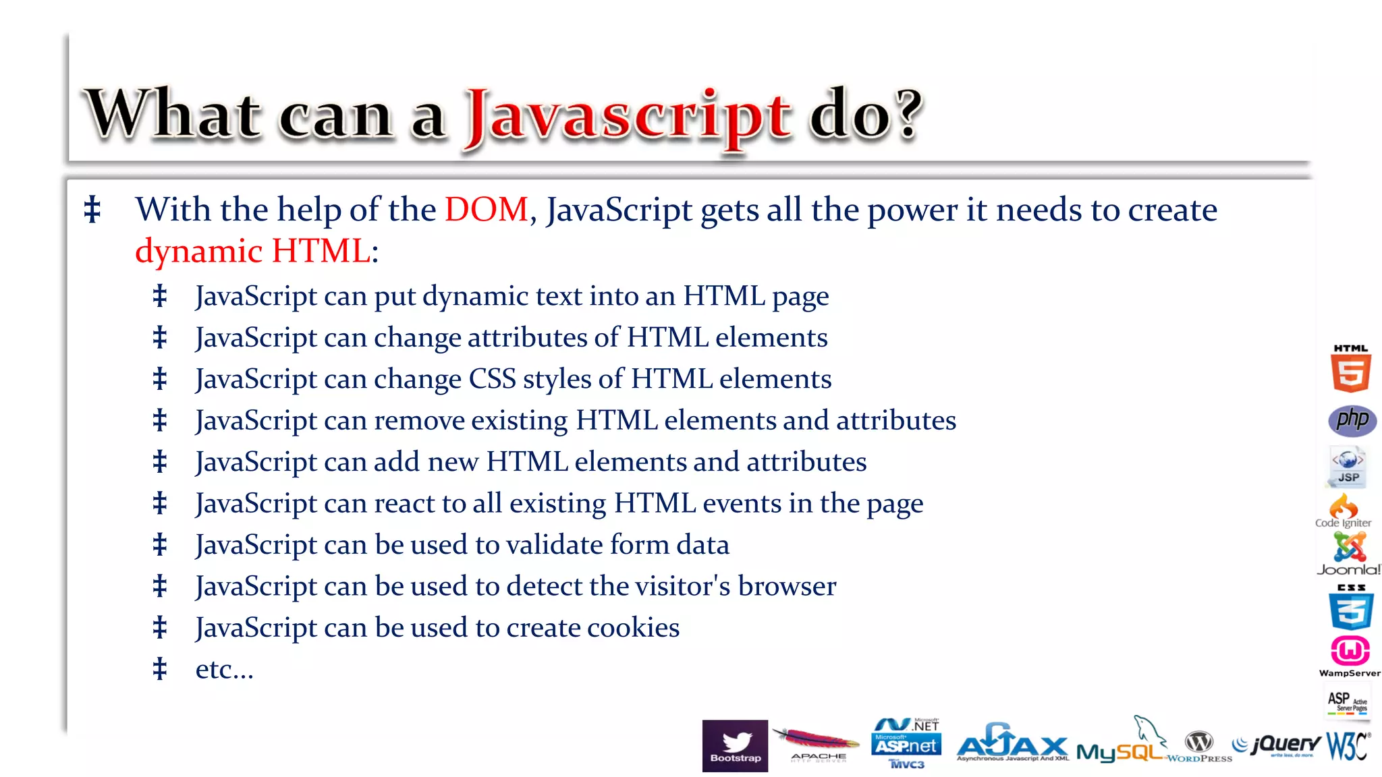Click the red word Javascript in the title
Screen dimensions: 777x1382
coord(628,116)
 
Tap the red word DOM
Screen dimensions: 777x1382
coord(486,209)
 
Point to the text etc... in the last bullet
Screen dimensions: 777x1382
coord(224,669)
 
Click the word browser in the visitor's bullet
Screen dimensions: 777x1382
coord(787,586)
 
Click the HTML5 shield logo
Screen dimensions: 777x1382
coord(1350,370)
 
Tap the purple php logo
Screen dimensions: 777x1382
coord(1352,420)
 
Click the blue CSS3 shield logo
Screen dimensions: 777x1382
coord(1350,608)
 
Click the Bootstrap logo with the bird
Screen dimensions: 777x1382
coord(735,745)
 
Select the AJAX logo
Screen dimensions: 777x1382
coord(1012,743)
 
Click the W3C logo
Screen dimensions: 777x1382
coord(1348,745)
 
